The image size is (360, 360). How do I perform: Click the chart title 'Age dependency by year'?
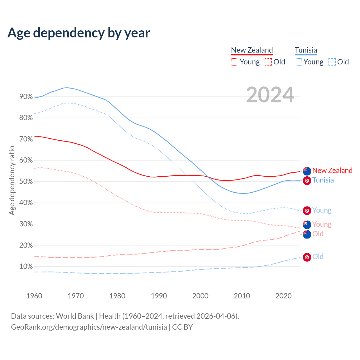pyautogui.click(x=79, y=33)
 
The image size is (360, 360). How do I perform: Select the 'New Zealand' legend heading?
pyautogui.click(x=252, y=50)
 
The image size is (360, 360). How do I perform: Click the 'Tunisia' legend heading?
pyautogui.click(x=306, y=50)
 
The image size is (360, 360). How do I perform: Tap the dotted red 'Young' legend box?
pyautogui.click(x=234, y=62)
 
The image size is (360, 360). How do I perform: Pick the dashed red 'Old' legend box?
pyautogui.click(x=268, y=62)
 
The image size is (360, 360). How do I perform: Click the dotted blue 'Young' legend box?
pyautogui.click(x=298, y=62)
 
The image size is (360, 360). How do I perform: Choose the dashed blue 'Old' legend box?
pyautogui.click(x=332, y=62)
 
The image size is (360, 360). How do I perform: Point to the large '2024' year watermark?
pyautogui.click(x=270, y=95)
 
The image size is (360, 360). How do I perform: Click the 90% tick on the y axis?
pyautogui.click(x=26, y=97)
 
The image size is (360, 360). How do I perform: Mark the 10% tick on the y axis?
pyautogui.click(x=26, y=267)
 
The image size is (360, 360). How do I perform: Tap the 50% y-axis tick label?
pyautogui.click(x=26, y=182)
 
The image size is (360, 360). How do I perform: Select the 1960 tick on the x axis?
pyautogui.click(x=34, y=296)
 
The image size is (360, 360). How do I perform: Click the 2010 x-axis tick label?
pyautogui.click(x=242, y=296)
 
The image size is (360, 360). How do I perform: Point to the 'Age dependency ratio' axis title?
pyautogui.click(x=12, y=180)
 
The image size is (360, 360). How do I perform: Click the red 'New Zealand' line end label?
pyautogui.click(x=332, y=170)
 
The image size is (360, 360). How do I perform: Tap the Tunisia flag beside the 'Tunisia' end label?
pyautogui.click(x=307, y=181)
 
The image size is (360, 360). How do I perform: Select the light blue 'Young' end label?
pyautogui.click(x=322, y=210)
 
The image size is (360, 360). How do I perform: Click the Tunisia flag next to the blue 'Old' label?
pyautogui.click(x=307, y=257)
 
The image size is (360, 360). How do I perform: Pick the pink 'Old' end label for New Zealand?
pyautogui.click(x=318, y=234)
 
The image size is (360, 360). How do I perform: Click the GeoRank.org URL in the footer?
pyautogui.click(x=89, y=327)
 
